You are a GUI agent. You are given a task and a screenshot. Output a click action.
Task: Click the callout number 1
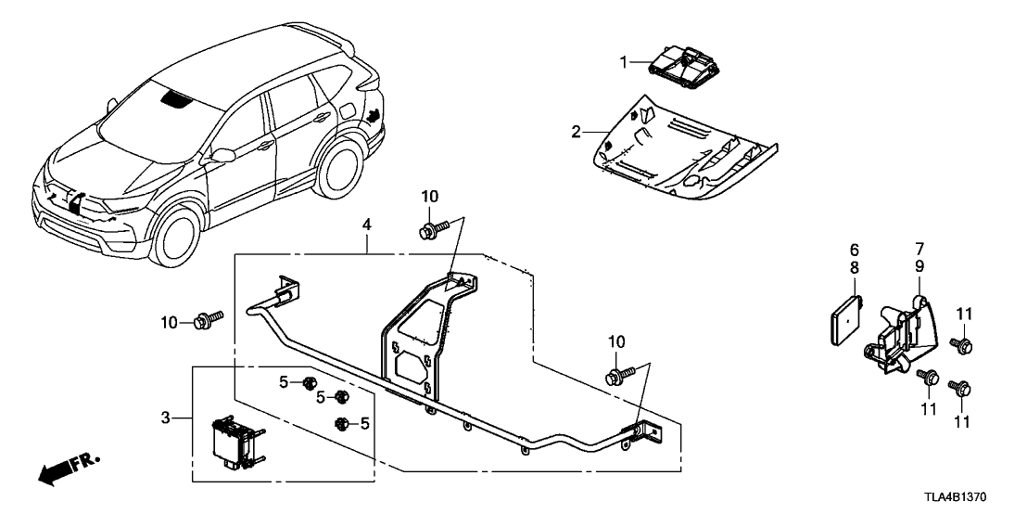tap(624, 62)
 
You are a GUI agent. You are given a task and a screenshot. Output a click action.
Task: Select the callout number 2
tap(576, 133)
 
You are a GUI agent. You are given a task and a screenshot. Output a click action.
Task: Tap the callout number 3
tap(167, 419)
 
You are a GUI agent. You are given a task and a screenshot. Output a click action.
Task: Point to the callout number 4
tap(367, 225)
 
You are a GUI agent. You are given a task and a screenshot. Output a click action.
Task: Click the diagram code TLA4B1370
tap(972, 497)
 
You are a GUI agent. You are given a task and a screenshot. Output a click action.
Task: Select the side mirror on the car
tap(222, 155)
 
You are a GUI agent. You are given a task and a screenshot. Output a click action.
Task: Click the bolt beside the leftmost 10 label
tap(205, 322)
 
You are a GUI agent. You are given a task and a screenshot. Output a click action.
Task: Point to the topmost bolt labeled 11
tap(961, 346)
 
